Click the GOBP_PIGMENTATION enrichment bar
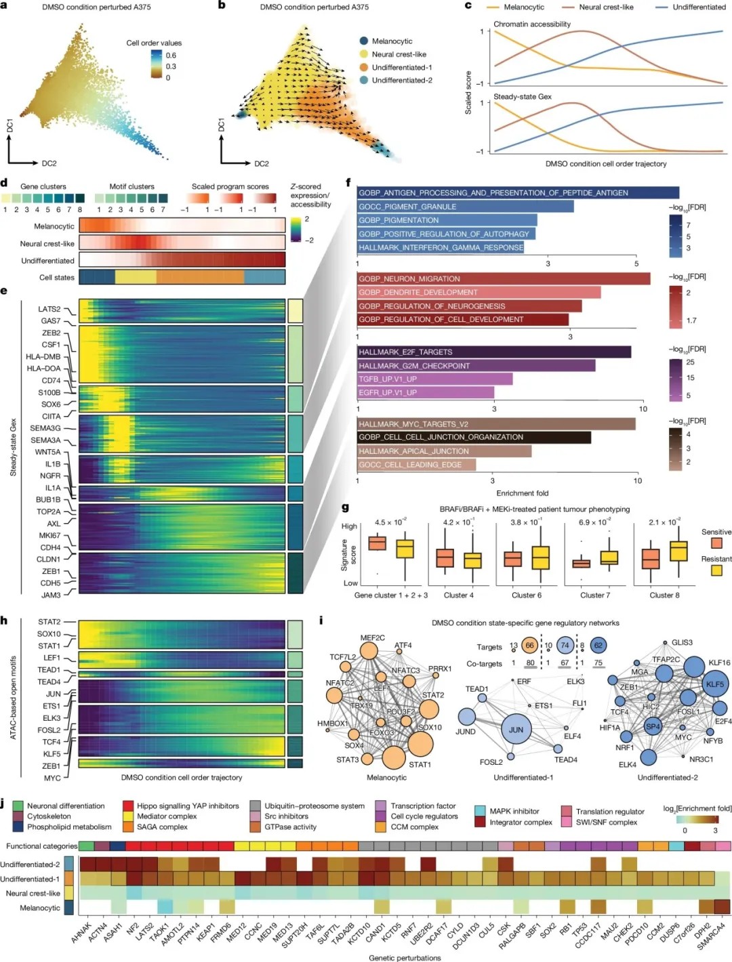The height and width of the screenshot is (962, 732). click(447, 220)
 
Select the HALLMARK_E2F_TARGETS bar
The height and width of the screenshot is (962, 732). click(494, 352)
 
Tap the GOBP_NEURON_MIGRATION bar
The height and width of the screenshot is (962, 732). click(504, 278)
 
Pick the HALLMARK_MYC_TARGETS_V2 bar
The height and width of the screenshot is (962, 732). click(496, 424)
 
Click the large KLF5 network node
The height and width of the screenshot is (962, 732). click(714, 684)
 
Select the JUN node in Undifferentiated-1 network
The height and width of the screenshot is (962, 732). click(516, 730)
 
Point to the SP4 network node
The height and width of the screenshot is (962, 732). click(653, 726)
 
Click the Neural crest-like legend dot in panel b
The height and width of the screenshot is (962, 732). click(364, 54)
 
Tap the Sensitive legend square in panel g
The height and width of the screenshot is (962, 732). click(716, 543)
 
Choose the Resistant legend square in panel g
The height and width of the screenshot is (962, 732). click(716, 570)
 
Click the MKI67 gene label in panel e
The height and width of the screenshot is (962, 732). click(49, 535)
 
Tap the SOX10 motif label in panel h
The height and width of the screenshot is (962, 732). click(49, 634)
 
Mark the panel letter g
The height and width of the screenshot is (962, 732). click(346, 507)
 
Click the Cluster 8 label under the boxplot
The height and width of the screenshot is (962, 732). click(664, 595)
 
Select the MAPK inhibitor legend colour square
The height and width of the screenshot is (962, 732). click(480, 811)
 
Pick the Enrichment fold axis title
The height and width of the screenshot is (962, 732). click(522, 493)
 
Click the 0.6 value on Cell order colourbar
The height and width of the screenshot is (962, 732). click(171, 56)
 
